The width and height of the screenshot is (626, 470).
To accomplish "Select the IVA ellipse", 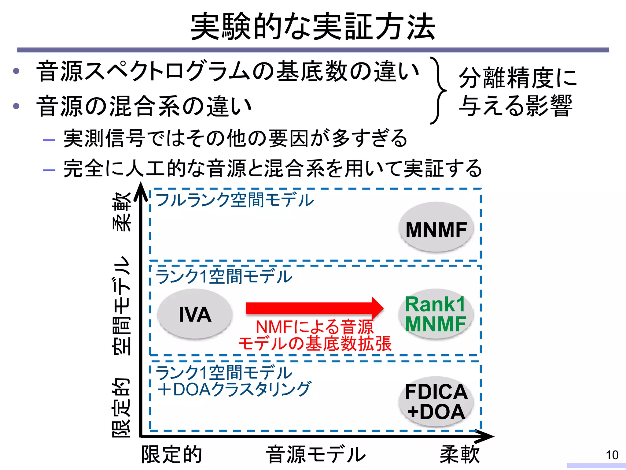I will click(195, 314).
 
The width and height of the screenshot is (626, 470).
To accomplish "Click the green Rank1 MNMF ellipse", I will click(436, 314).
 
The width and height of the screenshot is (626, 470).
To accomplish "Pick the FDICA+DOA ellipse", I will click(436, 401).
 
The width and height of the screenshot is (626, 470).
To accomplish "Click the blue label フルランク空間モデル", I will click(234, 200).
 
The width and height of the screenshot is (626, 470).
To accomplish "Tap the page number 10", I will click(612, 455).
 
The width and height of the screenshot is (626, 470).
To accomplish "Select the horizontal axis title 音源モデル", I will click(316, 454).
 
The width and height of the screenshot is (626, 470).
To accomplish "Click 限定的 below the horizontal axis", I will click(171, 454).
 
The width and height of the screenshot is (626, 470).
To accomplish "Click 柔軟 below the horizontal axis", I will click(459, 454).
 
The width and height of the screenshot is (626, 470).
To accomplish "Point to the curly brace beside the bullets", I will click(439, 90).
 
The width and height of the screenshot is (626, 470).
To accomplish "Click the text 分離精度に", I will click(518, 78).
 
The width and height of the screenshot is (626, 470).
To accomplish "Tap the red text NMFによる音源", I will click(315, 327).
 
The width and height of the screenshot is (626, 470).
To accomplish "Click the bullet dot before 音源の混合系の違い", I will click(16, 106).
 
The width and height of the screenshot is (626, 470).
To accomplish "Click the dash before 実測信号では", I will click(49, 140).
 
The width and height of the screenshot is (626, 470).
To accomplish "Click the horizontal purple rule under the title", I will click(313, 50).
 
